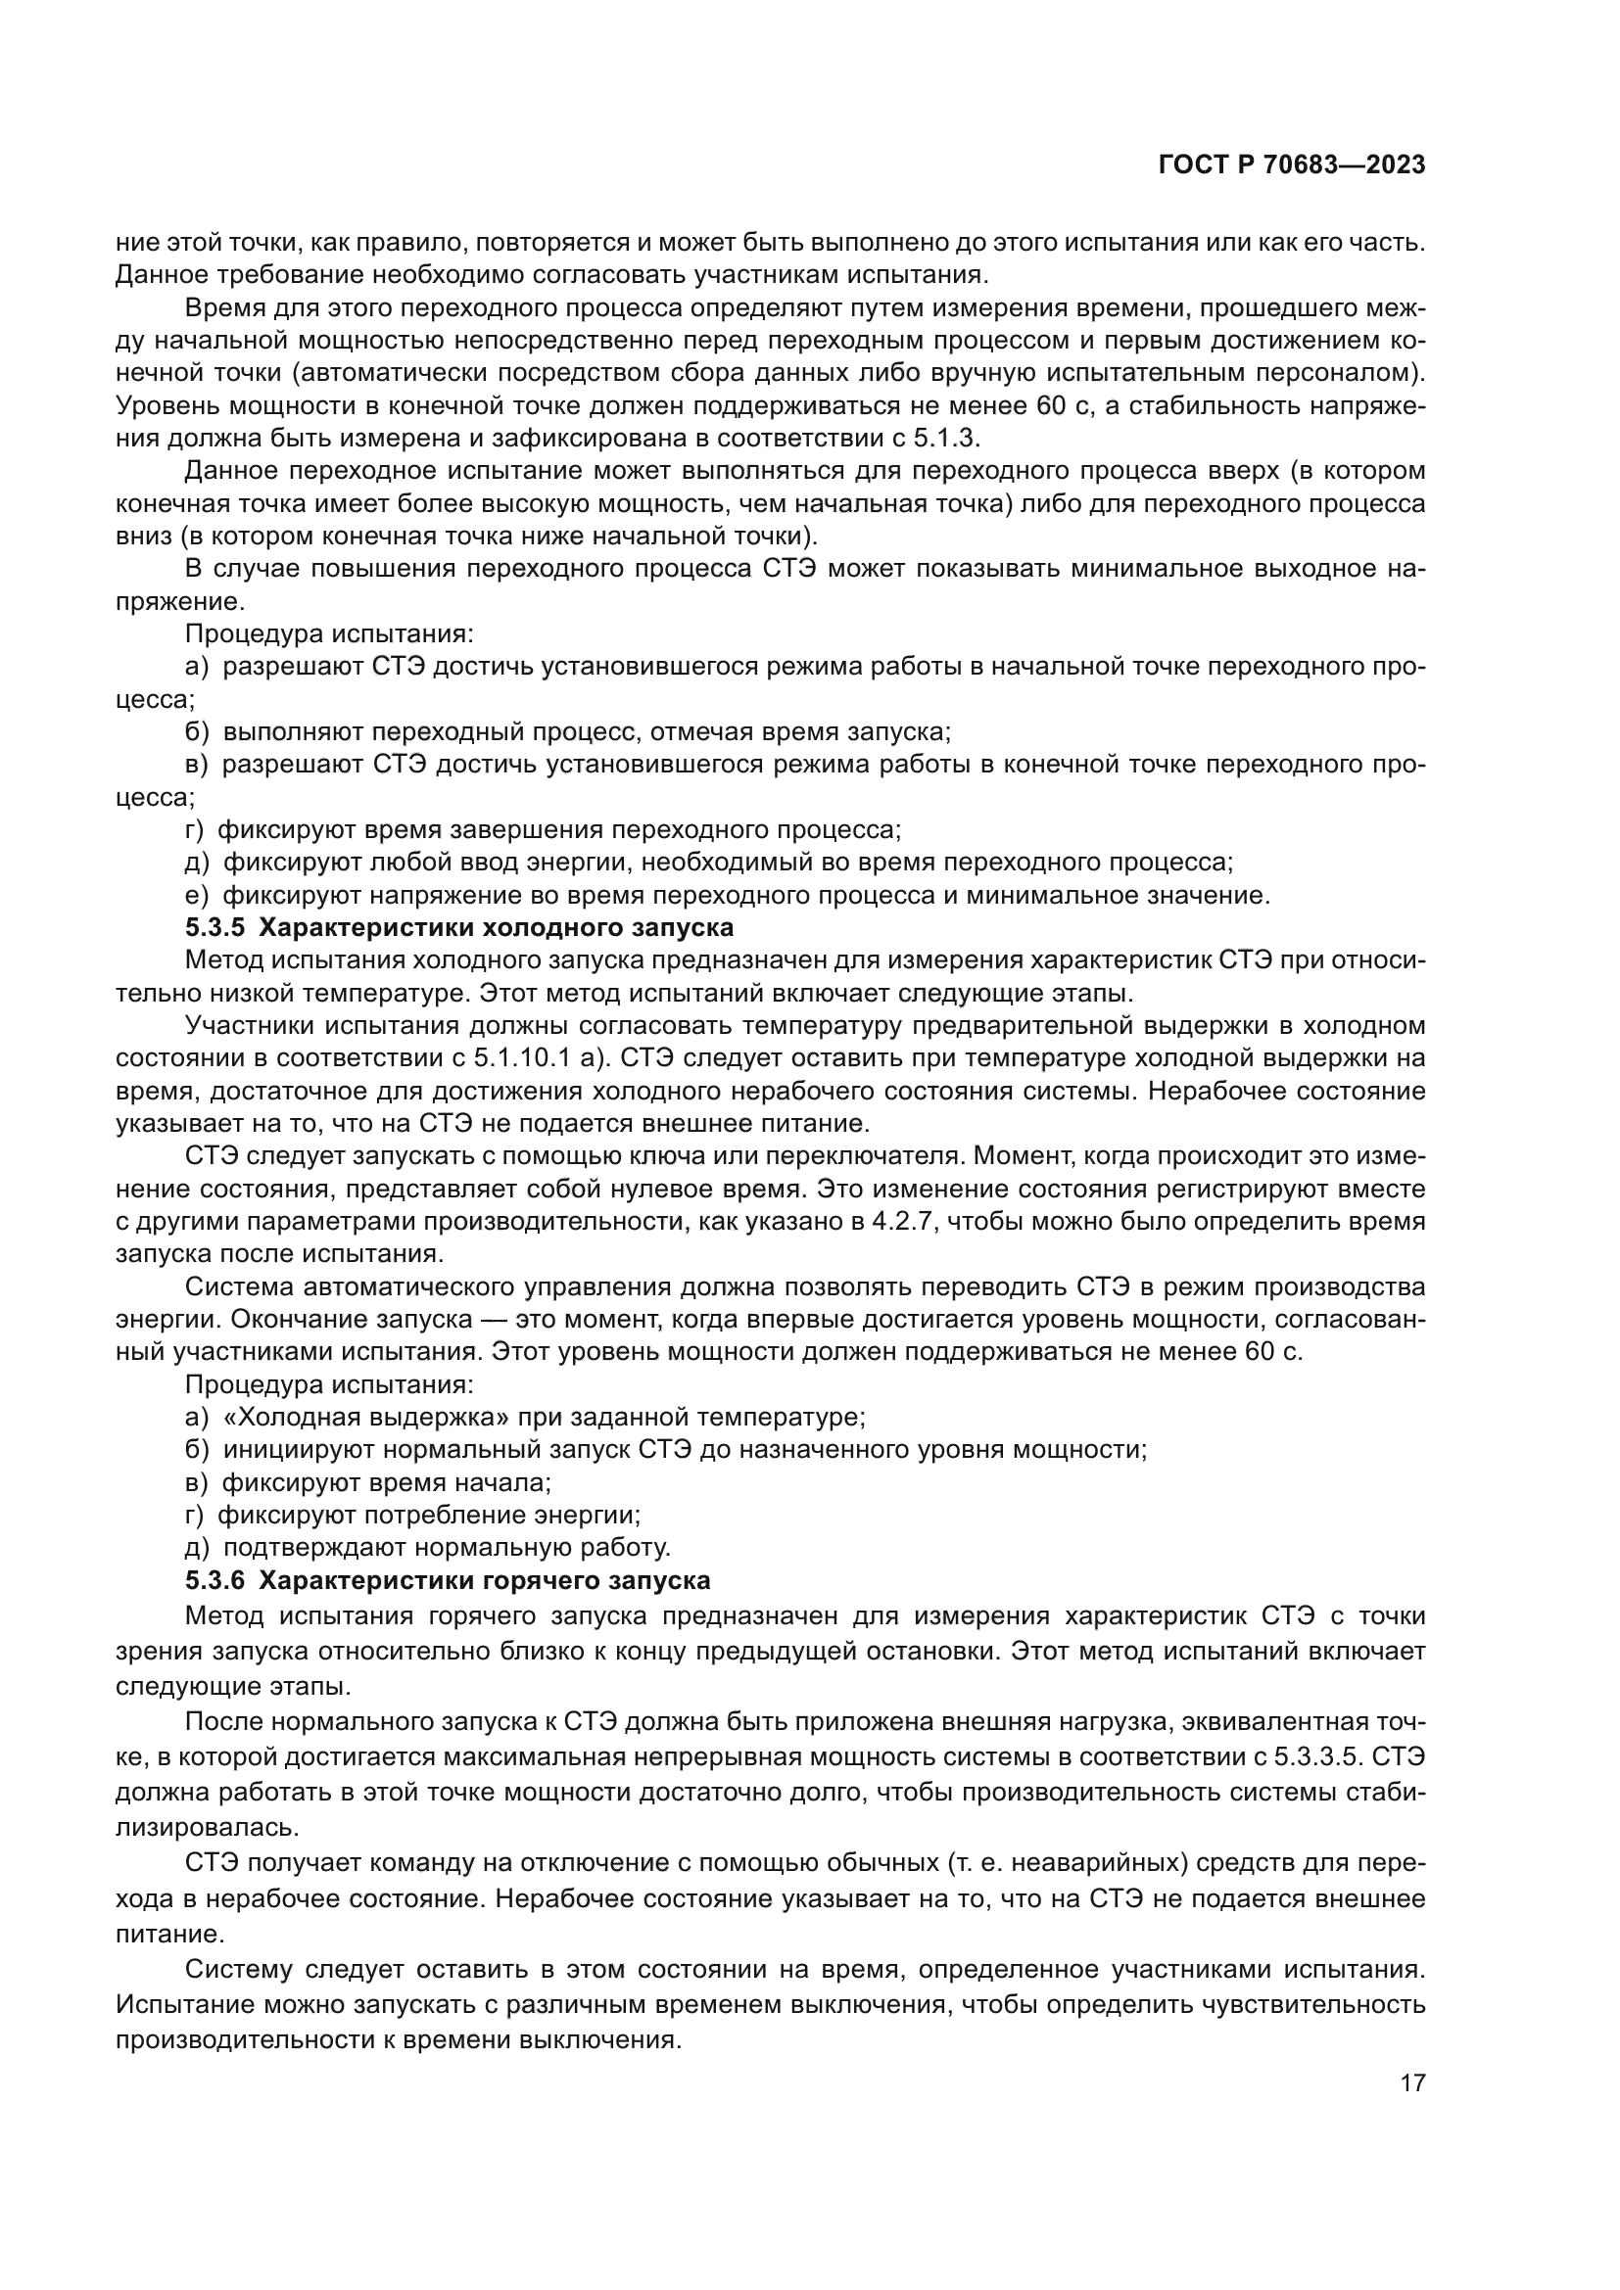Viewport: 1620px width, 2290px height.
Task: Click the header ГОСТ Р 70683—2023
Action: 1292,165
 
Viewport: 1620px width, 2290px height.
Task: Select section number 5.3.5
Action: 214,927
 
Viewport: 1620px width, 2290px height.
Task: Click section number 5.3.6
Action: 214,1581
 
